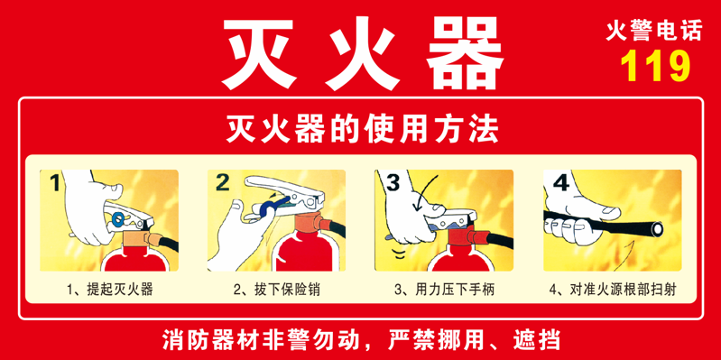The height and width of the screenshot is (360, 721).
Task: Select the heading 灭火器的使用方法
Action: coord(360,131)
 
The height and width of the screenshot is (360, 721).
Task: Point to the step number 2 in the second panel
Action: coord(225,183)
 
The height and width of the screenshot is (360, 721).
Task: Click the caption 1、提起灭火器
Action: coord(109,290)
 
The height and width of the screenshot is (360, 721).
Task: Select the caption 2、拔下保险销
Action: coord(276,290)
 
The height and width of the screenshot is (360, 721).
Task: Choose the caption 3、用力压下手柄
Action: coord(444,290)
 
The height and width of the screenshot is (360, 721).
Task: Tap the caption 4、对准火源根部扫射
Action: coord(612,290)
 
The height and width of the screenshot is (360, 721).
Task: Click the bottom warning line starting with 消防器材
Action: coord(361,341)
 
